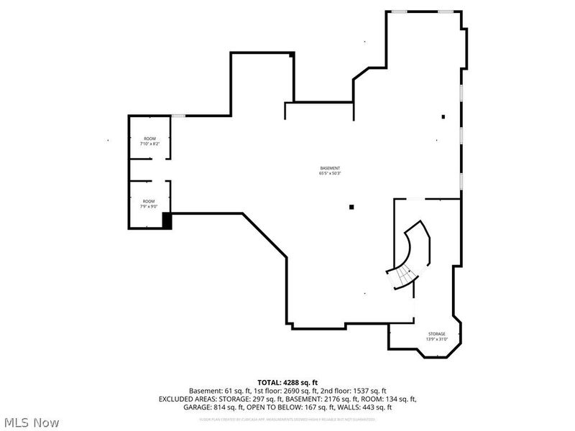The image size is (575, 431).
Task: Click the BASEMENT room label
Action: [330, 168]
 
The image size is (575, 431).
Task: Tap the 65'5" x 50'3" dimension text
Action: [330, 173]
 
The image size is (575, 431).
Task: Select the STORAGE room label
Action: [437, 334]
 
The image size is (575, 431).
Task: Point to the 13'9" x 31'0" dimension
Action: [437, 339]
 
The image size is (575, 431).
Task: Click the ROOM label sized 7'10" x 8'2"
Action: [149, 139]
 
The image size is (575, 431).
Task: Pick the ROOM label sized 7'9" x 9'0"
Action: [149, 201]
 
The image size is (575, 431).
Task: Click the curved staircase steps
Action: [402, 276]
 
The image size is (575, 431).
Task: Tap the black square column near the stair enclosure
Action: [351, 208]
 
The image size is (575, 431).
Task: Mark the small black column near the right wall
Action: [443, 116]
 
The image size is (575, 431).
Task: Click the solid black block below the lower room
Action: [167, 221]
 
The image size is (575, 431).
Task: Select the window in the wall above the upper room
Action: [178, 116]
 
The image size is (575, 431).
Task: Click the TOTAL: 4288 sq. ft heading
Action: [287, 382]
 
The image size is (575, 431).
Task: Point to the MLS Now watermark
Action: [32, 422]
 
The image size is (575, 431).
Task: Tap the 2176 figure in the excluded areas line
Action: [326, 399]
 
